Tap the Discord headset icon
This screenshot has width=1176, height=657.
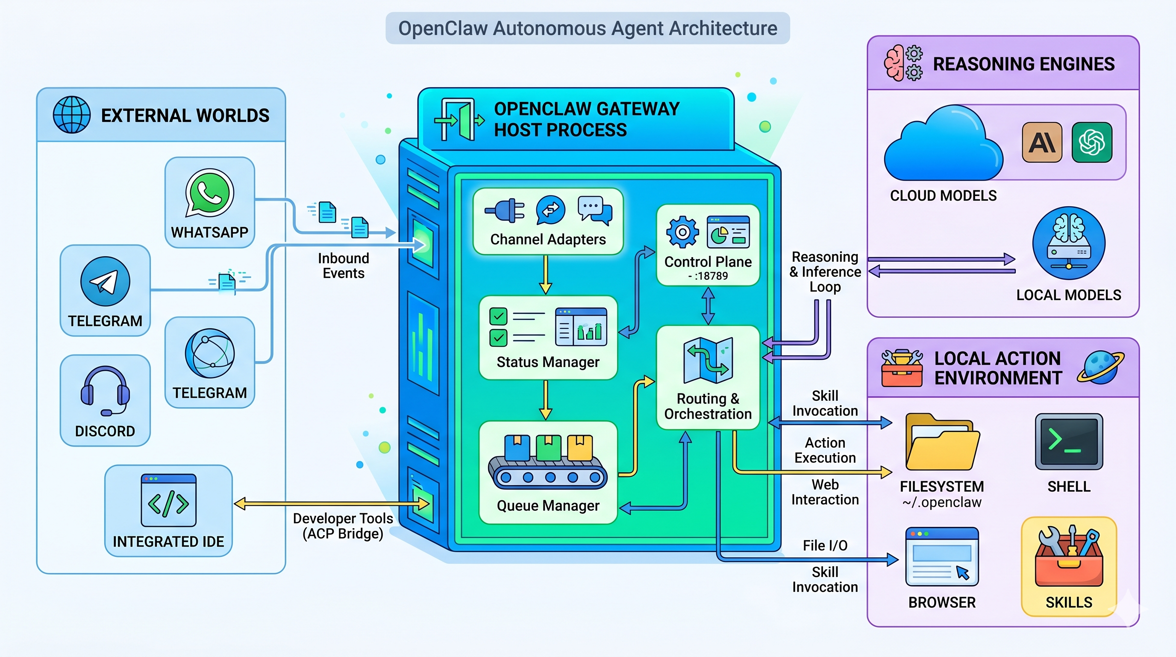click(106, 391)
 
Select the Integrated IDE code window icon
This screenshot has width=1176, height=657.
click(168, 500)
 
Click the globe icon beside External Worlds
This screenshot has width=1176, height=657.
click(72, 115)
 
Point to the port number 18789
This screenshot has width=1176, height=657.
click(711, 276)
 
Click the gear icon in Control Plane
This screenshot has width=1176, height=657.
click(682, 232)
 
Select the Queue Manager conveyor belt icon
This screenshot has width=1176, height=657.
click(548, 462)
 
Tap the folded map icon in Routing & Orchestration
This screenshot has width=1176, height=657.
click(708, 360)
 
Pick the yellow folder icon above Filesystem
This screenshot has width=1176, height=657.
click(942, 442)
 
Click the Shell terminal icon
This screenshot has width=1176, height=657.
click(1069, 442)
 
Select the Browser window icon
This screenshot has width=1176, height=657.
click(942, 556)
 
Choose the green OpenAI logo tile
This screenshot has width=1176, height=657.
click(1092, 142)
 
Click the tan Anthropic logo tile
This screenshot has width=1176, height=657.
click(1042, 142)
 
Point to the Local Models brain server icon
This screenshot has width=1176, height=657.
click(1069, 243)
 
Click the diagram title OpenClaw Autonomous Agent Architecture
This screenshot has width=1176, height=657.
click(588, 28)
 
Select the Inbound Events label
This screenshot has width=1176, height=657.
click(343, 266)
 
